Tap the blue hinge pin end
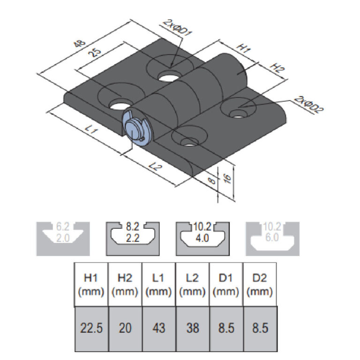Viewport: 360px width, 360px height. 135,128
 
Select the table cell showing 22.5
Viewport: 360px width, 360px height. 91,328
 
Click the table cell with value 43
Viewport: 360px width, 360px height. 158,328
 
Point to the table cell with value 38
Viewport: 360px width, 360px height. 192,328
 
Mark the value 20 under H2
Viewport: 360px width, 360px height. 125,328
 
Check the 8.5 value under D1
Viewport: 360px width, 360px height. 225,328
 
